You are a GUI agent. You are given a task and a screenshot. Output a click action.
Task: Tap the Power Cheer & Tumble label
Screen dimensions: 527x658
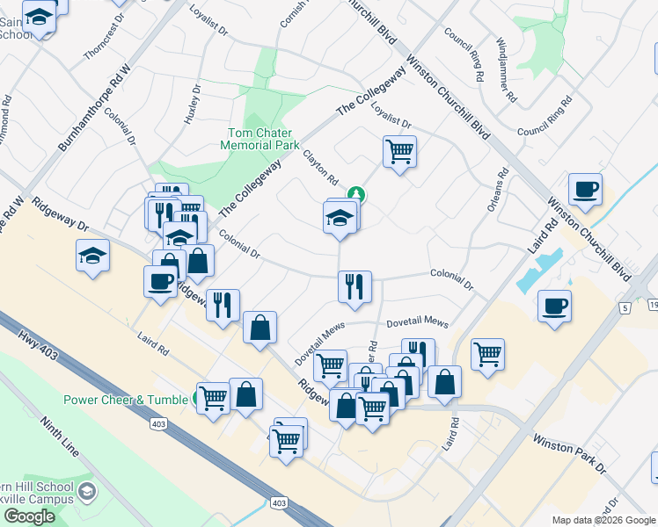pyautogui.click(x=126, y=400)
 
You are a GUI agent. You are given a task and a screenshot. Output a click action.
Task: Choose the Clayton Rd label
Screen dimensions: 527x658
pyautogui.click(x=321, y=167)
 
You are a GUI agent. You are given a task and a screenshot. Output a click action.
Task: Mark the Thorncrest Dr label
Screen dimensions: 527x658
pyautogui.click(x=99, y=40)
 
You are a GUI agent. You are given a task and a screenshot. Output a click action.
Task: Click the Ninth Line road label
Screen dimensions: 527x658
pyautogui.click(x=60, y=441)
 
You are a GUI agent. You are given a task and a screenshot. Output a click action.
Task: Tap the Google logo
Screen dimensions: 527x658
pyautogui.click(x=29, y=516)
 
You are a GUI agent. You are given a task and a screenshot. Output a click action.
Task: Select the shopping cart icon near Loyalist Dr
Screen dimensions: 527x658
pyautogui.click(x=399, y=152)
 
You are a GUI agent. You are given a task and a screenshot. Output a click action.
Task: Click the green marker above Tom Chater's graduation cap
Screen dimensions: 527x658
pyautogui.click(x=356, y=194)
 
